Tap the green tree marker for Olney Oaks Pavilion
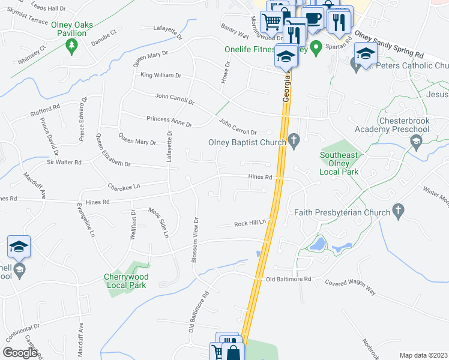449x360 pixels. coord(71,46)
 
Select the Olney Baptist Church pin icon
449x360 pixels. coord(294,142)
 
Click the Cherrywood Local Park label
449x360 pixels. coord(125,281)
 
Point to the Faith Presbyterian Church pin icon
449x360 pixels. coord(397,211)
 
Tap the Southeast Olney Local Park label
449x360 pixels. coord(340,162)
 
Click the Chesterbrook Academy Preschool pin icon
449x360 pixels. coord(415,142)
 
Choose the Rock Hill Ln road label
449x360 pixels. coord(250,224)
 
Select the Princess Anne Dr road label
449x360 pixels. coord(169,122)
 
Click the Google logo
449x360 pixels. coord(20,353)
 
